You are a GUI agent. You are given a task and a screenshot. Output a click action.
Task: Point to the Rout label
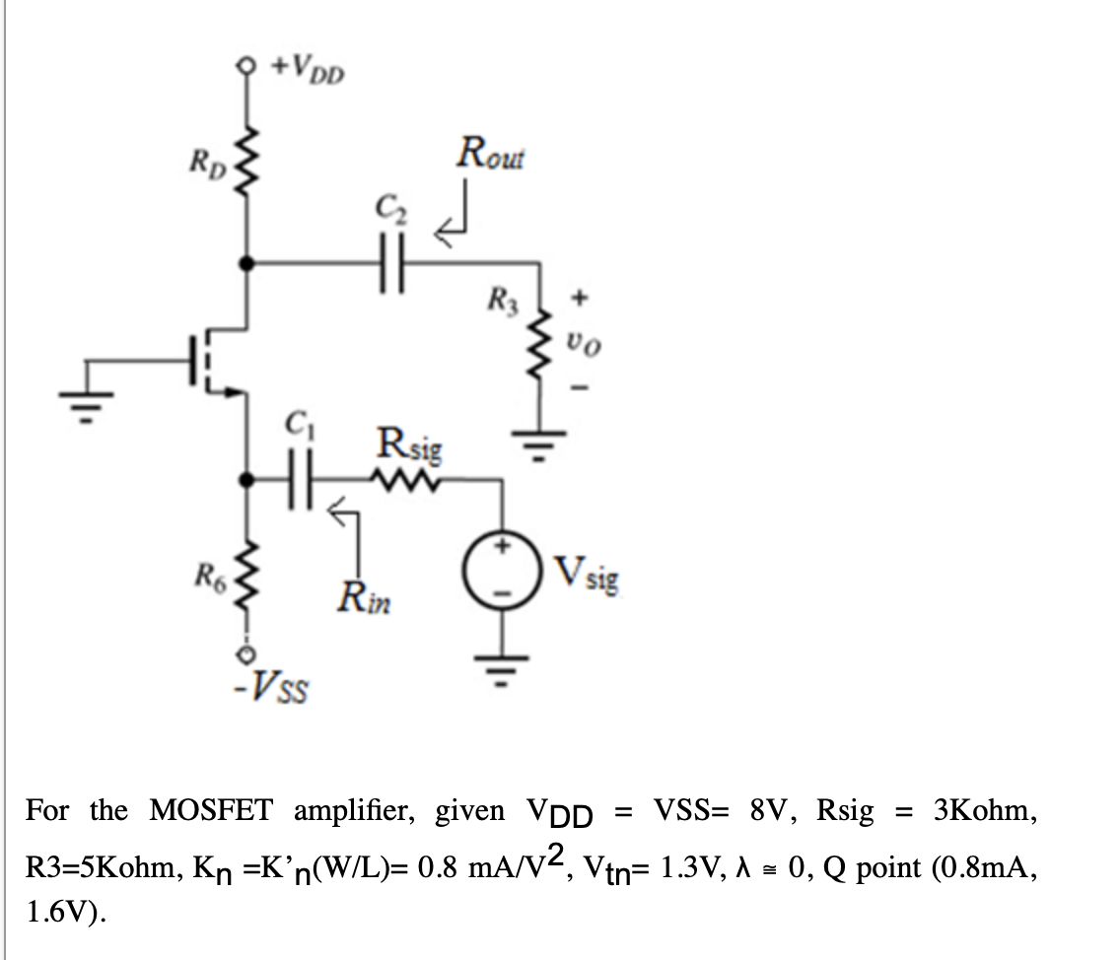pos(491,157)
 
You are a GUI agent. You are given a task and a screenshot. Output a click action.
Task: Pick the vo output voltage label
pos(581,343)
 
